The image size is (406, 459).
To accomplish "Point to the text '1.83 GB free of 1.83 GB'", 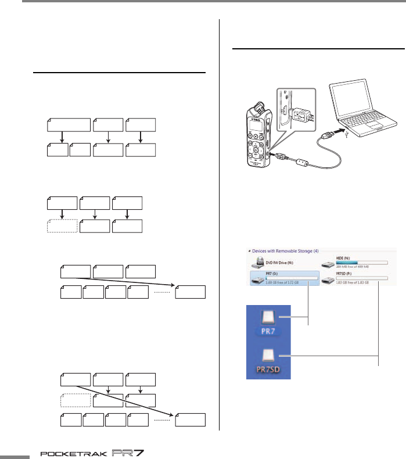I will click(351, 283).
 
